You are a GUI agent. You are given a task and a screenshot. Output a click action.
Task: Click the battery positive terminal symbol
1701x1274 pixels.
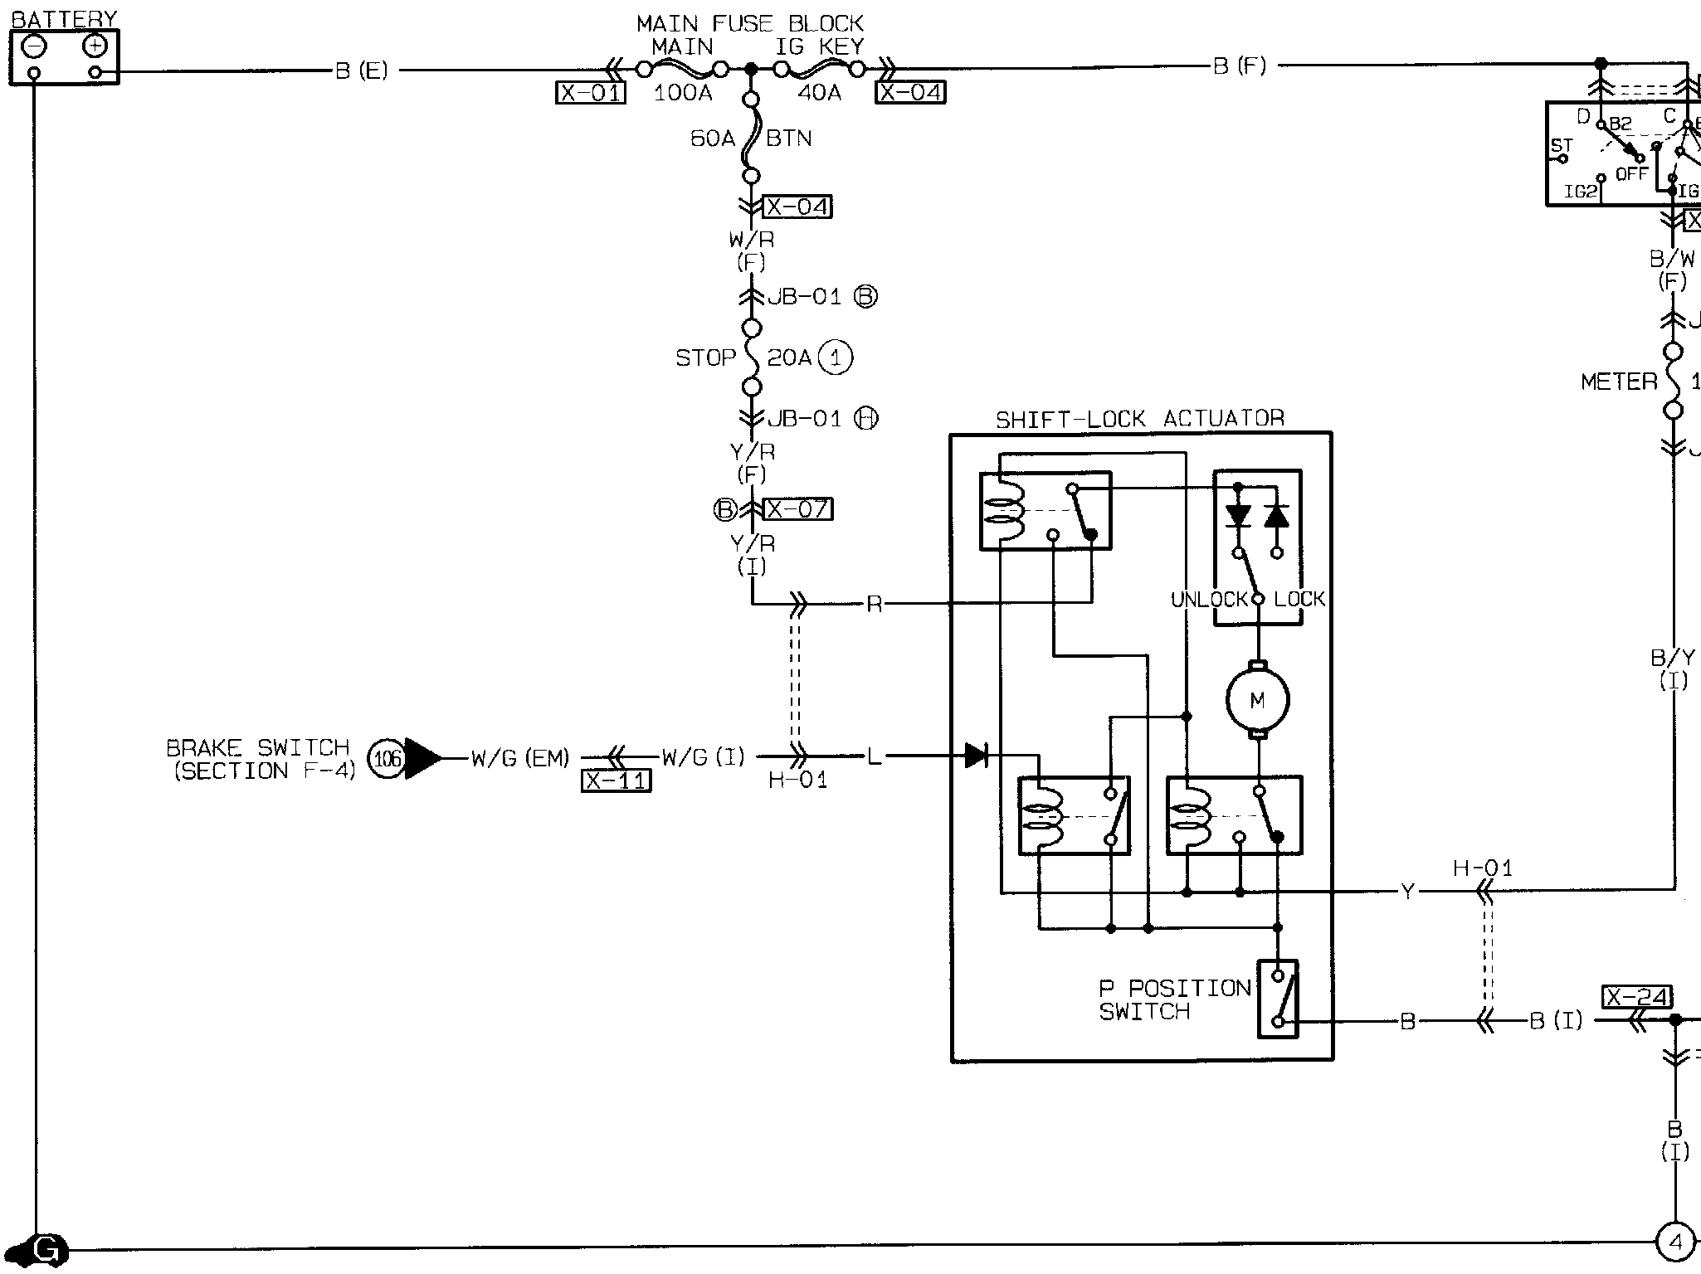point(95,46)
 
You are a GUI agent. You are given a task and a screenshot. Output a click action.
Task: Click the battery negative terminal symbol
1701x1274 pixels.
point(33,46)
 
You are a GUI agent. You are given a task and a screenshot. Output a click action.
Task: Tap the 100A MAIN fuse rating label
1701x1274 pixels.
point(683,93)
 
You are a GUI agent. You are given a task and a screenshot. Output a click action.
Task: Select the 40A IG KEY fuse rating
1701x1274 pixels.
point(819,93)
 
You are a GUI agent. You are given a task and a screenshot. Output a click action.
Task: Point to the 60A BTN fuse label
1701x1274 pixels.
point(713,139)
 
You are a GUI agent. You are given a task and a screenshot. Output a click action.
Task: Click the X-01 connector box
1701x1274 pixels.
point(590,93)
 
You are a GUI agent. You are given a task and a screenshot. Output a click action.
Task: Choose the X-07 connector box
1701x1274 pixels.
point(797,509)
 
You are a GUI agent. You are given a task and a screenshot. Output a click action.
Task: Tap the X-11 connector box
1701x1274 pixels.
point(616,781)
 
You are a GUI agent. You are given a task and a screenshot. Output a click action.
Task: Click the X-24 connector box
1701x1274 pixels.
point(1636,998)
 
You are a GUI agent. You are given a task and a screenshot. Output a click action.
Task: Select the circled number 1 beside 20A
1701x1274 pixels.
point(836,357)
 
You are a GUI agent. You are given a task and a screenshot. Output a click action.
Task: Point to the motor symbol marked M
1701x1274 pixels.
point(1258,701)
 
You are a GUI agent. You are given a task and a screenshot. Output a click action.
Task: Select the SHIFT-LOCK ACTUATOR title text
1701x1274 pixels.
point(1140,419)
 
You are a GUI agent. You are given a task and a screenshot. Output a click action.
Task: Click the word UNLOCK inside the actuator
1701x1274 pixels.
point(1209,599)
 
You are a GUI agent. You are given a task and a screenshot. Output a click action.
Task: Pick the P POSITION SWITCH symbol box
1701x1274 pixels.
point(1278,999)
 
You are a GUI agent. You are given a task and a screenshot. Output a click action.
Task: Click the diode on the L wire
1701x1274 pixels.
point(977,756)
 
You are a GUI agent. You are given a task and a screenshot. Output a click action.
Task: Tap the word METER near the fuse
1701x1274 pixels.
point(1619,382)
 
